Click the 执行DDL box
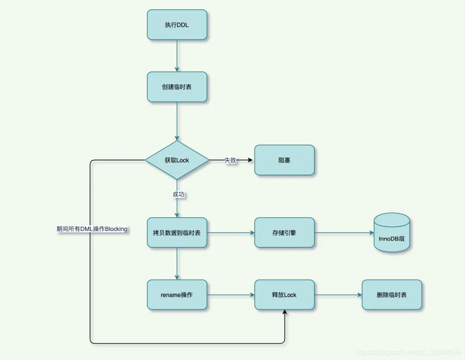click(177, 25)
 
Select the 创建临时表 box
click(177, 87)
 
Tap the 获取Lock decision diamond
click(177, 160)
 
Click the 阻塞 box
click(284, 160)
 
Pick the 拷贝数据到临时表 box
click(177, 233)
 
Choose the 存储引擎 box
click(284, 233)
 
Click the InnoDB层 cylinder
click(392, 233)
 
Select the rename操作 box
click(177, 295)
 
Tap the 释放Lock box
click(284, 295)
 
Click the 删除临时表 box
click(392, 295)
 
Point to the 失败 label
click(230, 160)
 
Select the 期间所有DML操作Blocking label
click(92, 229)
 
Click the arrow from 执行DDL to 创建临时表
click(177, 56)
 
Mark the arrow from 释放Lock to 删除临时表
click(338, 295)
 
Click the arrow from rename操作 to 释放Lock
click(231, 295)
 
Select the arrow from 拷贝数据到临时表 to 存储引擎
click(231, 233)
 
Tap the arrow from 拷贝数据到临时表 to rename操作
click(177, 264)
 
